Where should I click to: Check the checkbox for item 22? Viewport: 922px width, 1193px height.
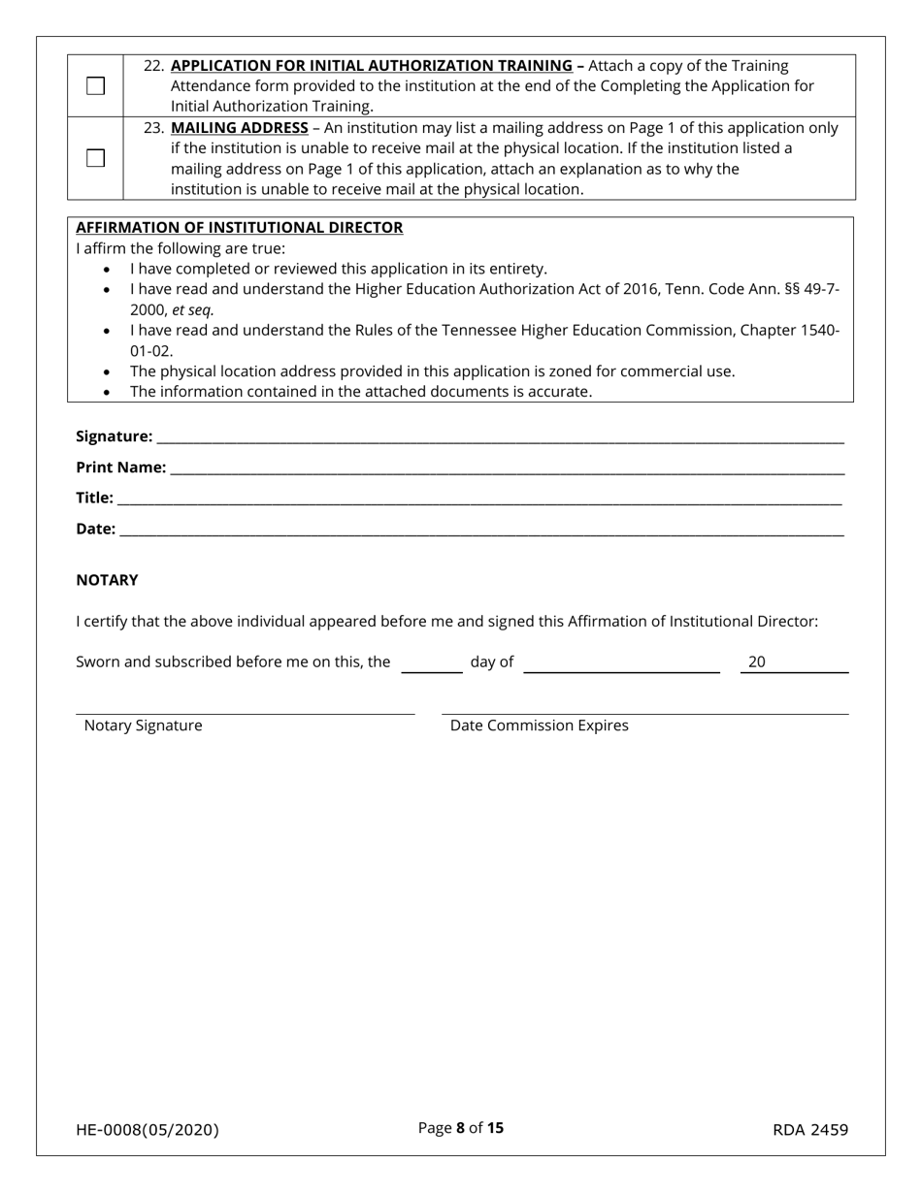(x=95, y=86)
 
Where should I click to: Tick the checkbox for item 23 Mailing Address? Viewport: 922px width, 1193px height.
(x=95, y=158)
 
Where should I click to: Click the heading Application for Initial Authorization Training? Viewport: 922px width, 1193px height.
(x=371, y=66)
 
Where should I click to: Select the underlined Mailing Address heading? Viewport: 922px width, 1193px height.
(x=239, y=128)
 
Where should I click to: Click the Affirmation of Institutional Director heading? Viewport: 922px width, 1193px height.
(x=239, y=228)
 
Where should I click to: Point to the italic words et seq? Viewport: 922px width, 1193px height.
(x=193, y=310)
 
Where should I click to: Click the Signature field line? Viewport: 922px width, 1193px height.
(x=500, y=438)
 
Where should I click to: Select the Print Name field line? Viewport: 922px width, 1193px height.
(x=507, y=469)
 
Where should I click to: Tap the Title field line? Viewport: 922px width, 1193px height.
(x=478, y=500)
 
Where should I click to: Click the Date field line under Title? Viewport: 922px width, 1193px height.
(x=481, y=532)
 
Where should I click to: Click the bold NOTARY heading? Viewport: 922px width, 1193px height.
(x=107, y=580)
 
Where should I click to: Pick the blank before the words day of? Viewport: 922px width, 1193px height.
(x=432, y=664)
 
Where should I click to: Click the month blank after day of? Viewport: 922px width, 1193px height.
(x=621, y=664)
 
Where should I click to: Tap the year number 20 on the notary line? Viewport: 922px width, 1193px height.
(x=757, y=662)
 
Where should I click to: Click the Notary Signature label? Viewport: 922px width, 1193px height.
(x=144, y=725)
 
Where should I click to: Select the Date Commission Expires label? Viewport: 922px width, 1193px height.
(x=539, y=725)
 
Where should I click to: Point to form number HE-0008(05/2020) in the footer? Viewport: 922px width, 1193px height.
(x=148, y=1130)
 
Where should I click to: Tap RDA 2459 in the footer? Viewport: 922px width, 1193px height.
(x=810, y=1130)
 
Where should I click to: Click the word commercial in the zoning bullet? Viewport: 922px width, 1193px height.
(x=634, y=371)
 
